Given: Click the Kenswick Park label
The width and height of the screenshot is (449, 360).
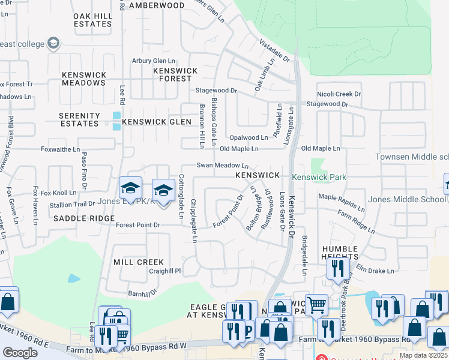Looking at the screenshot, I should click(x=319, y=178).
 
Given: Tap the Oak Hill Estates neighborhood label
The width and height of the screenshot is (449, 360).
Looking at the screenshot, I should click(x=92, y=20).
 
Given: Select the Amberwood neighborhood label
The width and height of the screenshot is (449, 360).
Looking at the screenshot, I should click(x=157, y=5).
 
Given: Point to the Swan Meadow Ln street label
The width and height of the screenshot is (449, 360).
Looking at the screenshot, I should click(x=222, y=166).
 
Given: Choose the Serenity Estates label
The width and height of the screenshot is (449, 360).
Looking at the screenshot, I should click(x=79, y=119).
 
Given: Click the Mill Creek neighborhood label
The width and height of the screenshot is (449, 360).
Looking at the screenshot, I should click(x=138, y=262).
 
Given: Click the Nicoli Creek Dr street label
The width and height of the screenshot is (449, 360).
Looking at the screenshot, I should click(x=339, y=94).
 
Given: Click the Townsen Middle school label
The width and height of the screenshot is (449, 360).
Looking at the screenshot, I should click(x=412, y=157).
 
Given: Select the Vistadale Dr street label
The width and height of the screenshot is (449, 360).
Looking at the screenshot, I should click(x=274, y=51).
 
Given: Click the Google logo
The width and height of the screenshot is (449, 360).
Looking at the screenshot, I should click(x=20, y=353).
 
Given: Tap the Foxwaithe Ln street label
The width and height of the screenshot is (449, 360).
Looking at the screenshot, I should click(x=60, y=149).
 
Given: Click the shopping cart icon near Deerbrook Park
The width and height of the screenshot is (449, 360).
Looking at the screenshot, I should click(x=316, y=305).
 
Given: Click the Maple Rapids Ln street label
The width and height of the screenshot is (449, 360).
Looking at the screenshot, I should click(x=341, y=202).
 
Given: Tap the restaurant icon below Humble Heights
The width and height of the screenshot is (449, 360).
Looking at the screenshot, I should click(x=338, y=268).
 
